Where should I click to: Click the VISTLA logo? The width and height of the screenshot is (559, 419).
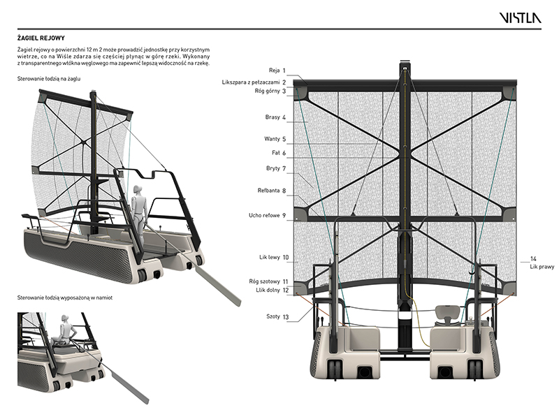pos(519,18)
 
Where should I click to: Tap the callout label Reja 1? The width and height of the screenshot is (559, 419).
pos(278,71)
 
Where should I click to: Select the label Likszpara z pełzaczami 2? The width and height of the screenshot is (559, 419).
pos(255,82)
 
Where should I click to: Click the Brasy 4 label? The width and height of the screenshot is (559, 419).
pos(276,117)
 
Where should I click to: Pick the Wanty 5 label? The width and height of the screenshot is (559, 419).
pos(275,139)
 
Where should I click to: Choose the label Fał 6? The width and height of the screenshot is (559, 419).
pos(279,153)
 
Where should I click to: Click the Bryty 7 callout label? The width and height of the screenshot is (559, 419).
pos(276,168)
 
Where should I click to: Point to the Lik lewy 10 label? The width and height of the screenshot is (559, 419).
pos(275,258)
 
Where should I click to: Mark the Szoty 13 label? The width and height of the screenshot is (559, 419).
pos(277,316)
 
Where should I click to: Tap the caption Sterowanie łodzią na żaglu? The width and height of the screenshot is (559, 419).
pos(48,79)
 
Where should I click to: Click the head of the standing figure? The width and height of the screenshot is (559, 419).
pos(137,189)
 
